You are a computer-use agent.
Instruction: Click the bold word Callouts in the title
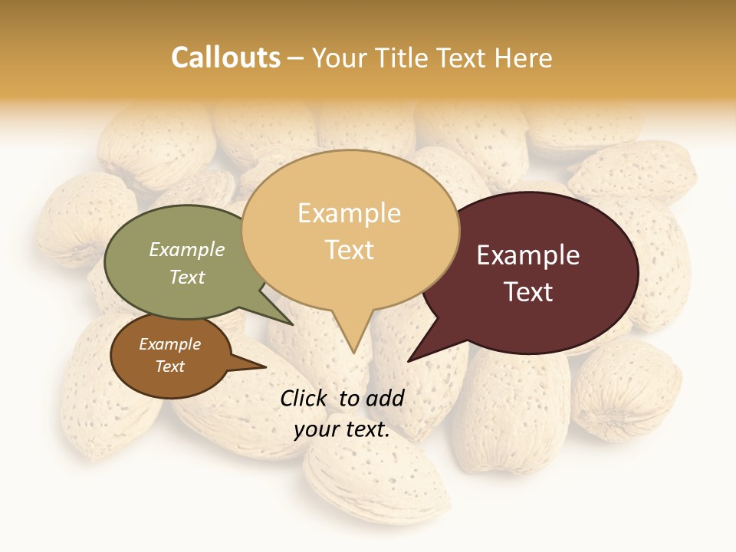[225, 58]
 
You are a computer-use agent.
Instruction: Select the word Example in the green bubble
[187, 249]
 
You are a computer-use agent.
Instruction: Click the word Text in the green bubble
[187, 277]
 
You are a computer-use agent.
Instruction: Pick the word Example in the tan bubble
[349, 213]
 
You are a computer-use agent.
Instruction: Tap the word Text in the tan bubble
[349, 249]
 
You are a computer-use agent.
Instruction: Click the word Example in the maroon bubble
[528, 255]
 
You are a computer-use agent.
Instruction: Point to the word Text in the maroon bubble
[528, 291]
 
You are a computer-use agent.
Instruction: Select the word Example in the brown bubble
[170, 344]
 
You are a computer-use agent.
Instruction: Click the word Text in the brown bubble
[170, 366]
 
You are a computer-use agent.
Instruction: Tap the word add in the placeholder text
[385, 398]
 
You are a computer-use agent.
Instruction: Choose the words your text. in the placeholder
[342, 429]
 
